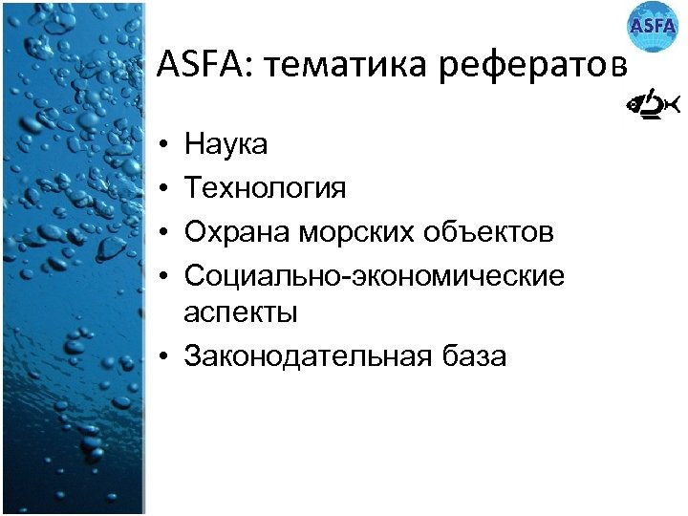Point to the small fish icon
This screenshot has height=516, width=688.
(652, 105)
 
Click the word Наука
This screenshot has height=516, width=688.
(226, 145)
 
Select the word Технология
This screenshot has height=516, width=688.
(266, 188)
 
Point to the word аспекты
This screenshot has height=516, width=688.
(241, 312)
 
